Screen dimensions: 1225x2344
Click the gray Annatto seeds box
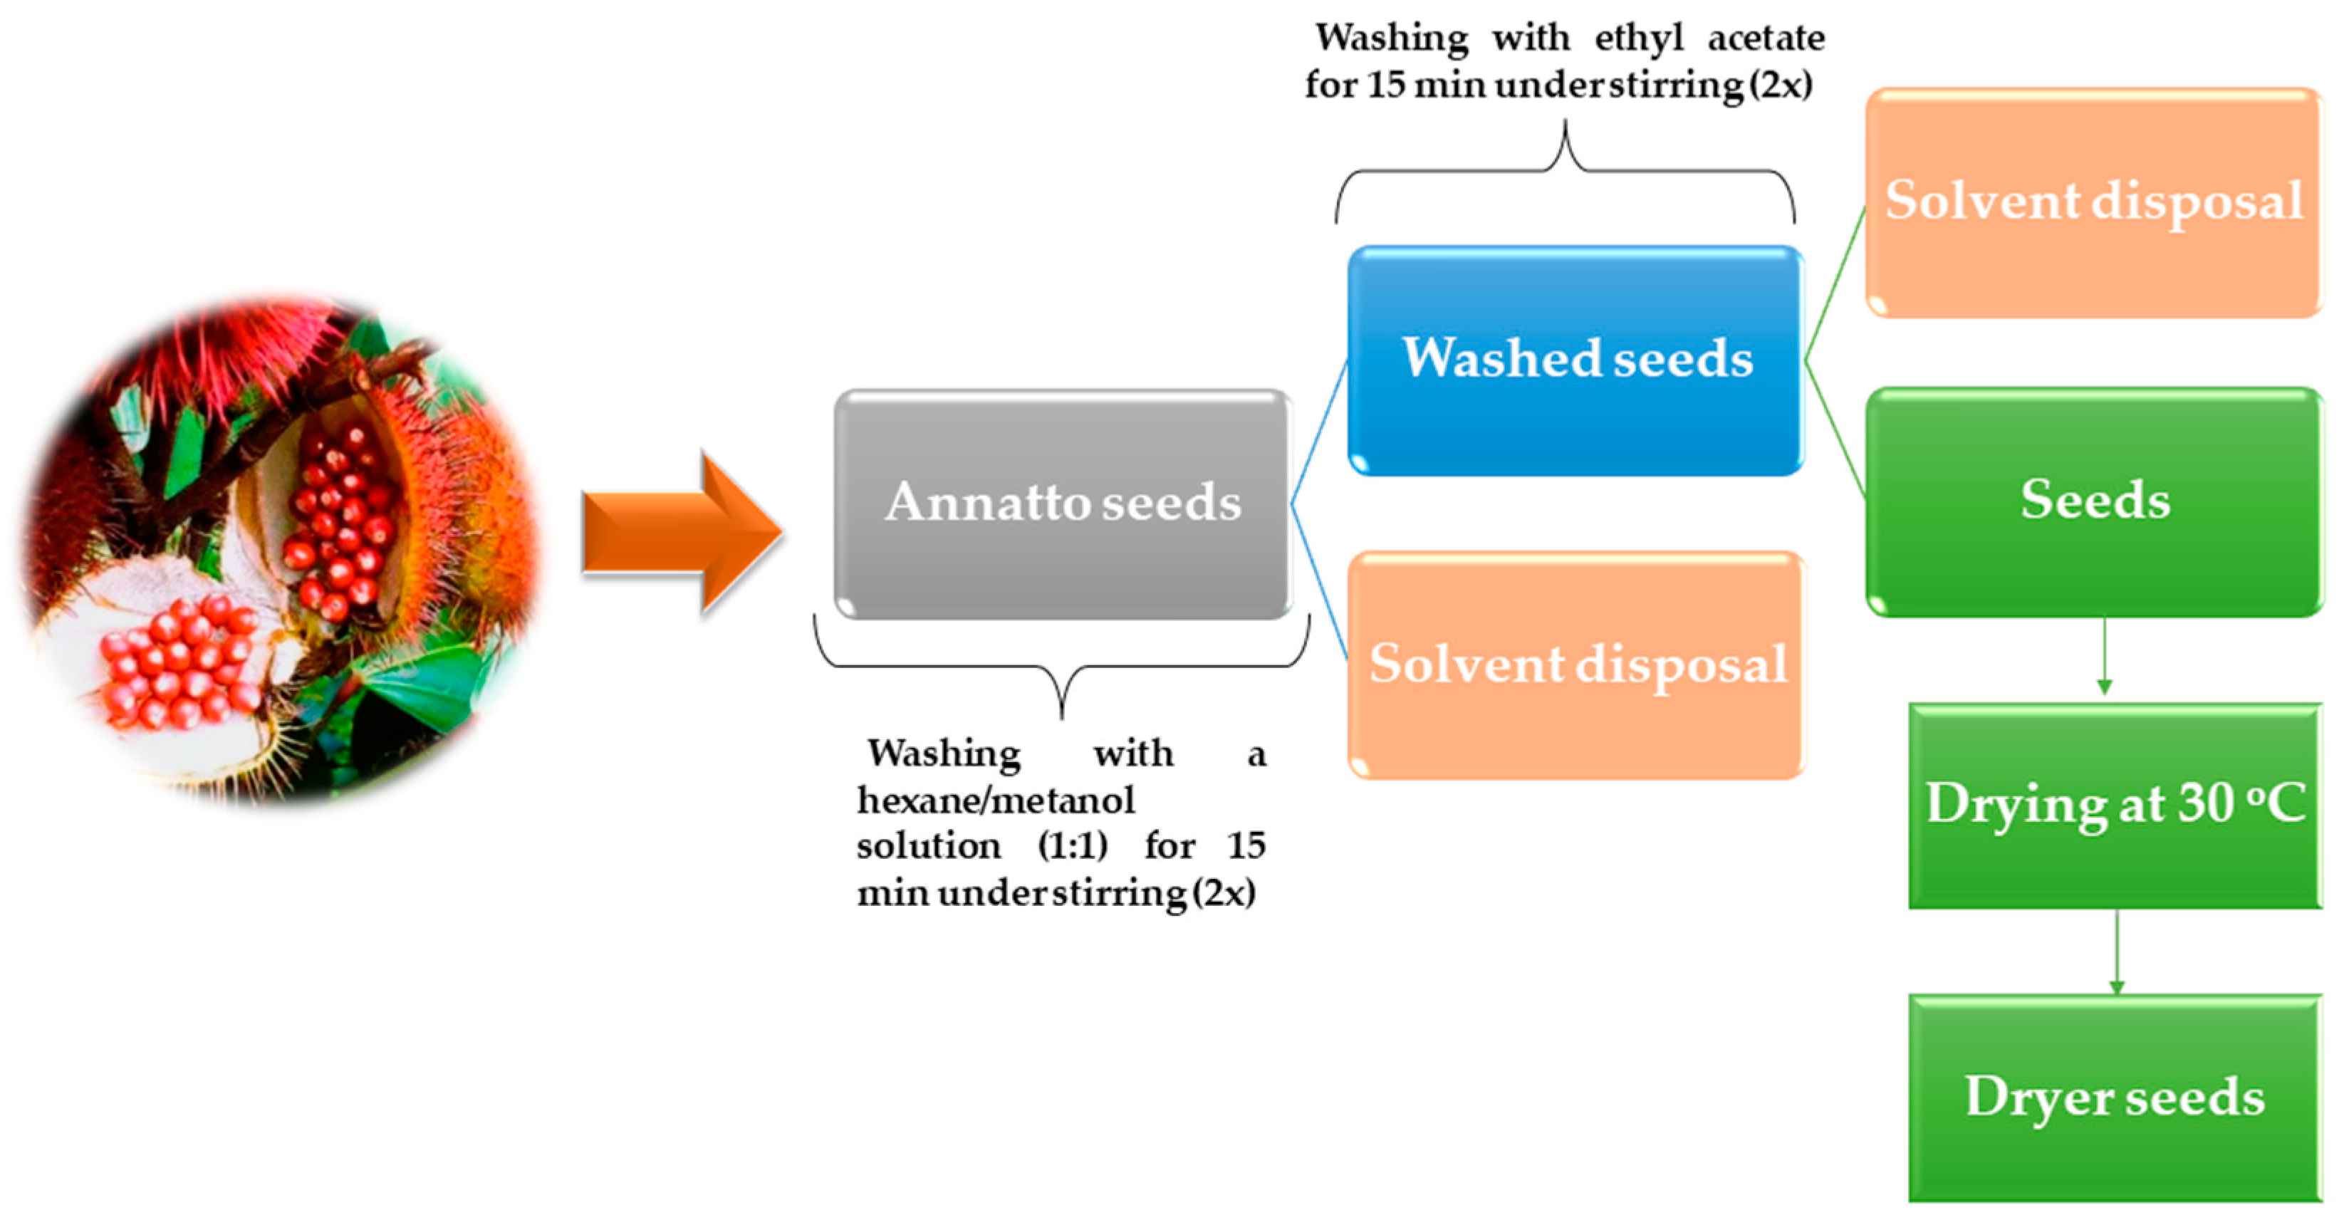[x=1062, y=505]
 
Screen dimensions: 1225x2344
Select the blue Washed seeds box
[x=1575, y=360]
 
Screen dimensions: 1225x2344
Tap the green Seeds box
[x=2094, y=501]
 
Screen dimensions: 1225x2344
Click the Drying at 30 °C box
[x=2115, y=806]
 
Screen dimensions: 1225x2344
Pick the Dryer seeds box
[x=2115, y=1098]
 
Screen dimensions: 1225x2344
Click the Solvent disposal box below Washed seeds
[x=1575, y=665]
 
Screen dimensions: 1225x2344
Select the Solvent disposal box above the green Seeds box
[x=2094, y=202]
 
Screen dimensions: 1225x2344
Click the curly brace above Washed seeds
[x=1565, y=173]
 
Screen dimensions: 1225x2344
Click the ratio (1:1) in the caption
[x=1073, y=846]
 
